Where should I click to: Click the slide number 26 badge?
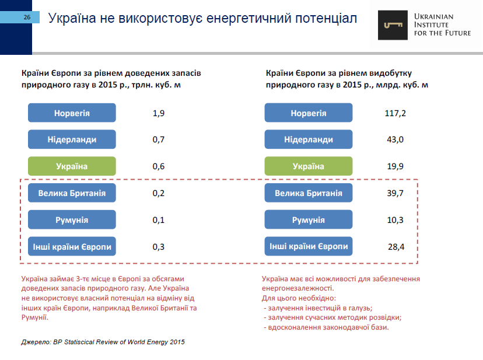pyautogui.click(x=27, y=18)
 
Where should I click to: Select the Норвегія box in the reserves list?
pyautogui.click(x=72, y=113)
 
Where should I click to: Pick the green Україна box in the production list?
pyautogui.click(x=308, y=166)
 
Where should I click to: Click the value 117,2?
pyautogui.click(x=395, y=113)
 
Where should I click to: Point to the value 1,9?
pyautogui.click(x=159, y=113)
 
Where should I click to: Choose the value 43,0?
pyautogui.click(x=395, y=139)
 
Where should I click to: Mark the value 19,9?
pyautogui.click(x=395, y=166)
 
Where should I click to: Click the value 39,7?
pyautogui.click(x=395, y=193)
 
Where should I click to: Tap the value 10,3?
pyautogui.click(x=395, y=220)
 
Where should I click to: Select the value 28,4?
pyautogui.click(x=395, y=247)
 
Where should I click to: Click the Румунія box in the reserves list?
pyautogui.click(x=72, y=220)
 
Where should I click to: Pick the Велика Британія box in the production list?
pyautogui.click(x=308, y=193)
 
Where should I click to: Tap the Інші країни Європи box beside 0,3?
pyautogui.click(x=72, y=247)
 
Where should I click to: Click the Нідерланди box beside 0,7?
pyautogui.click(x=72, y=139)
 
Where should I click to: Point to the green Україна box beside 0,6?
pyautogui.click(x=72, y=166)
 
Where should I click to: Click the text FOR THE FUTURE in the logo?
pyautogui.click(x=442, y=33)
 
